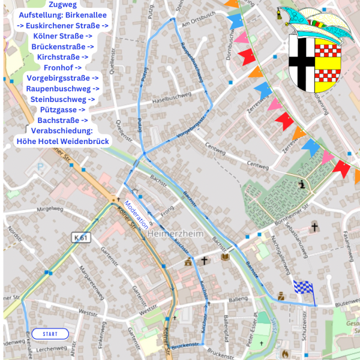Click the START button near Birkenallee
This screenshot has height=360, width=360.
(x=51, y=334)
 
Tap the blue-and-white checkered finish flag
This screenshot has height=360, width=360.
(x=304, y=289)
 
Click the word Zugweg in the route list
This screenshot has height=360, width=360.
(x=62, y=4)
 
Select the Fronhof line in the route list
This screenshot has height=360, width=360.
(x=62, y=67)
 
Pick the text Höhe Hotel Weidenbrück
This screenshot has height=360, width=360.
(x=62, y=141)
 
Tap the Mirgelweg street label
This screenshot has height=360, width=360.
(x=50, y=210)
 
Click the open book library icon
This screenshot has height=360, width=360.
(x=225, y=257)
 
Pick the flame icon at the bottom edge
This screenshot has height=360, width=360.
(x=286, y=354)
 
